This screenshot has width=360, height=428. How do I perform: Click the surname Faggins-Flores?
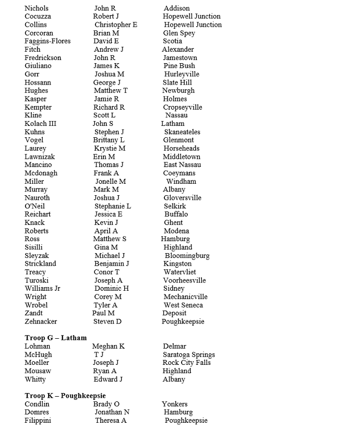(x=47, y=41)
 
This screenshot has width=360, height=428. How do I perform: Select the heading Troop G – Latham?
(x=56, y=338)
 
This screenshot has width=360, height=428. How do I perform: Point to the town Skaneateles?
(x=182, y=132)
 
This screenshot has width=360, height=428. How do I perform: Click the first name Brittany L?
(x=109, y=140)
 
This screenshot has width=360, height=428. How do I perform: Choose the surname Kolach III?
(x=41, y=124)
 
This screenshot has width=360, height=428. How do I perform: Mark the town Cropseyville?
(x=183, y=107)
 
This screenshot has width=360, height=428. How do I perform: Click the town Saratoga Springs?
(x=189, y=354)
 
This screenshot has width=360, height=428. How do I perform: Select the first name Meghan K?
(x=109, y=346)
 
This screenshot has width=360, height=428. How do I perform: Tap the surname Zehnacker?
(x=41, y=322)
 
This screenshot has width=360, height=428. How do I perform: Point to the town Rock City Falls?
(x=187, y=363)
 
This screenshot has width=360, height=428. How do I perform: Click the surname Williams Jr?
(x=42, y=289)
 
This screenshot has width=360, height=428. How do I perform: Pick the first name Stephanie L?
(x=113, y=206)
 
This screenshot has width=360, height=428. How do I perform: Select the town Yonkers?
(x=175, y=404)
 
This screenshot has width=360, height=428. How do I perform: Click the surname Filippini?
(x=38, y=421)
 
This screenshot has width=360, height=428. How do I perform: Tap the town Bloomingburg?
(x=187, y=256)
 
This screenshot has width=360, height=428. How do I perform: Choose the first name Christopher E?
(x=116, y=25)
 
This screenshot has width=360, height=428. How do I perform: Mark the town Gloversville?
(x=183, y=198)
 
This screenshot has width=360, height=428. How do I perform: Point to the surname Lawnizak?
(x=40, y=157)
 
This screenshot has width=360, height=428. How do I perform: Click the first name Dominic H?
(x=112, y=289)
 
